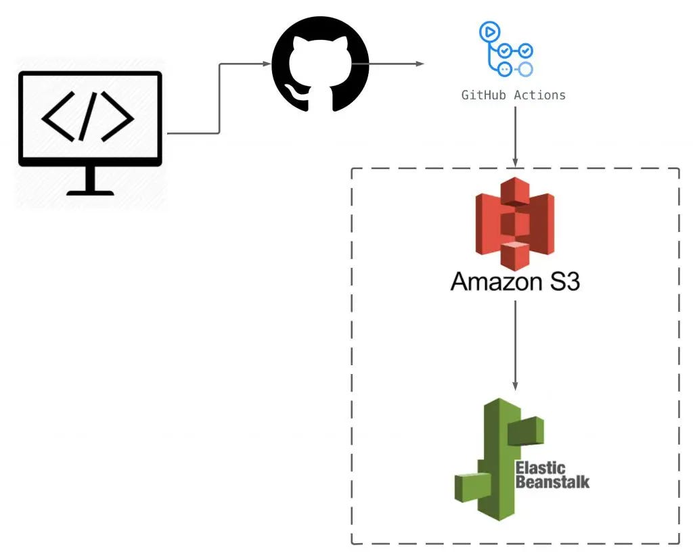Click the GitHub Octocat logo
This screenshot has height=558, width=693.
coord(320,64)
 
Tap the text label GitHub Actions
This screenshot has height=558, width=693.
coord(513,95)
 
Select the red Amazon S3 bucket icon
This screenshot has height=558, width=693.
coord(514,224)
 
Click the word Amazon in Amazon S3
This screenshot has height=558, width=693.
coord(492,281)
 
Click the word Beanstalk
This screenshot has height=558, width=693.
coord(552,482)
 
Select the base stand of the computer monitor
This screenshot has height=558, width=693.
coord(89,191)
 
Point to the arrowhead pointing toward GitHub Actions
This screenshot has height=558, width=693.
coord(420,64)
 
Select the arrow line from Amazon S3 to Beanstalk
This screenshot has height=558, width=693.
coord(515,342)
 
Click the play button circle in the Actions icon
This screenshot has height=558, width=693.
coord(489,31)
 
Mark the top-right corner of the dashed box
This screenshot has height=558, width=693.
coord(678,169)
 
